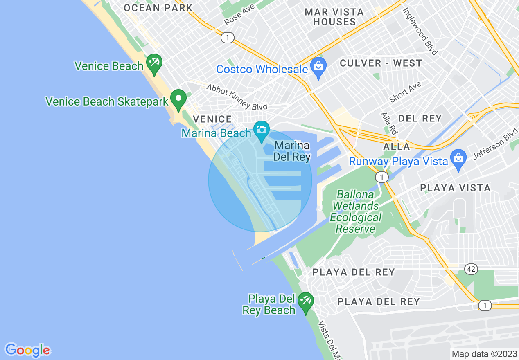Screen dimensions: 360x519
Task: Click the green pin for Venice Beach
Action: pyautogui.click(x=154, y=63)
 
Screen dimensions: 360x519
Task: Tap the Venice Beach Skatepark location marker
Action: pyautogui.click(x=178, y=99)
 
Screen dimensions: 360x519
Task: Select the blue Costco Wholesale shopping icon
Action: pyautogui.click(x=318, y=67)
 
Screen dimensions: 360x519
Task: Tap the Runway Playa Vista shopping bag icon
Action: pyautogui.click(x=458, y=158)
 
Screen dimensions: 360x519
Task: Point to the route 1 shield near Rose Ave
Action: pyautogui.click(x=227, y=38)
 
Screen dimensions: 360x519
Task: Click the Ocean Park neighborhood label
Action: pyautogui.click(x=158, y=8)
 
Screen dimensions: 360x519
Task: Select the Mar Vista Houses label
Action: pyautogui.click(x=334, y=17)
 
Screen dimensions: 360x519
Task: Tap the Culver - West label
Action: pyautogui.click(x=381, y=63)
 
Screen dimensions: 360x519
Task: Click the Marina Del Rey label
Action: pyautogui.click(x=292, y=151)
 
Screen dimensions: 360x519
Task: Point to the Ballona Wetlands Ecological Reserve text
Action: pyautogui.click(x=356, y=211)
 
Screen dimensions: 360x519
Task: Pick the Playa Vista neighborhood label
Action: pyautogui.click(x=455, y=188)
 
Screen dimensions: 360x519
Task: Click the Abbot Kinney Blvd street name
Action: pyautogui.click(x=237, y=97)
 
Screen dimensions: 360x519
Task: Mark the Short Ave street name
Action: pyautogui.click(x=405, y=92)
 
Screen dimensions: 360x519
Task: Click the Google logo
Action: pyautogui.click(x=27, y=350)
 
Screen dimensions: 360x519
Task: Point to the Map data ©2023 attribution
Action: pyautogui.click(x=484, y=354)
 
